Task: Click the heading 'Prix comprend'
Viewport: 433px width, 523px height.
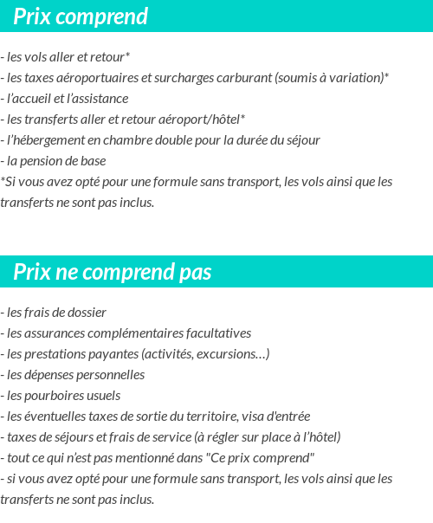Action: click(x=81, y=16)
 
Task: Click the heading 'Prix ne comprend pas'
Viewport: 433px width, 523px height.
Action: click(x=113, y=273)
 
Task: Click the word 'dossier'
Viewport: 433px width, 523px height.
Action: click(x=87, y=313)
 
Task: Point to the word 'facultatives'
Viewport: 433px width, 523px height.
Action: click(x=218, y=333)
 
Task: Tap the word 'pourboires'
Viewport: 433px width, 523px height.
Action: click(x=52, y=396)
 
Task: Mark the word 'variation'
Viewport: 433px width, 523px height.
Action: click(x=352, y=78)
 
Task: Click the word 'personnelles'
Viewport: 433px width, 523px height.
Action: click(x=107, y=375)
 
